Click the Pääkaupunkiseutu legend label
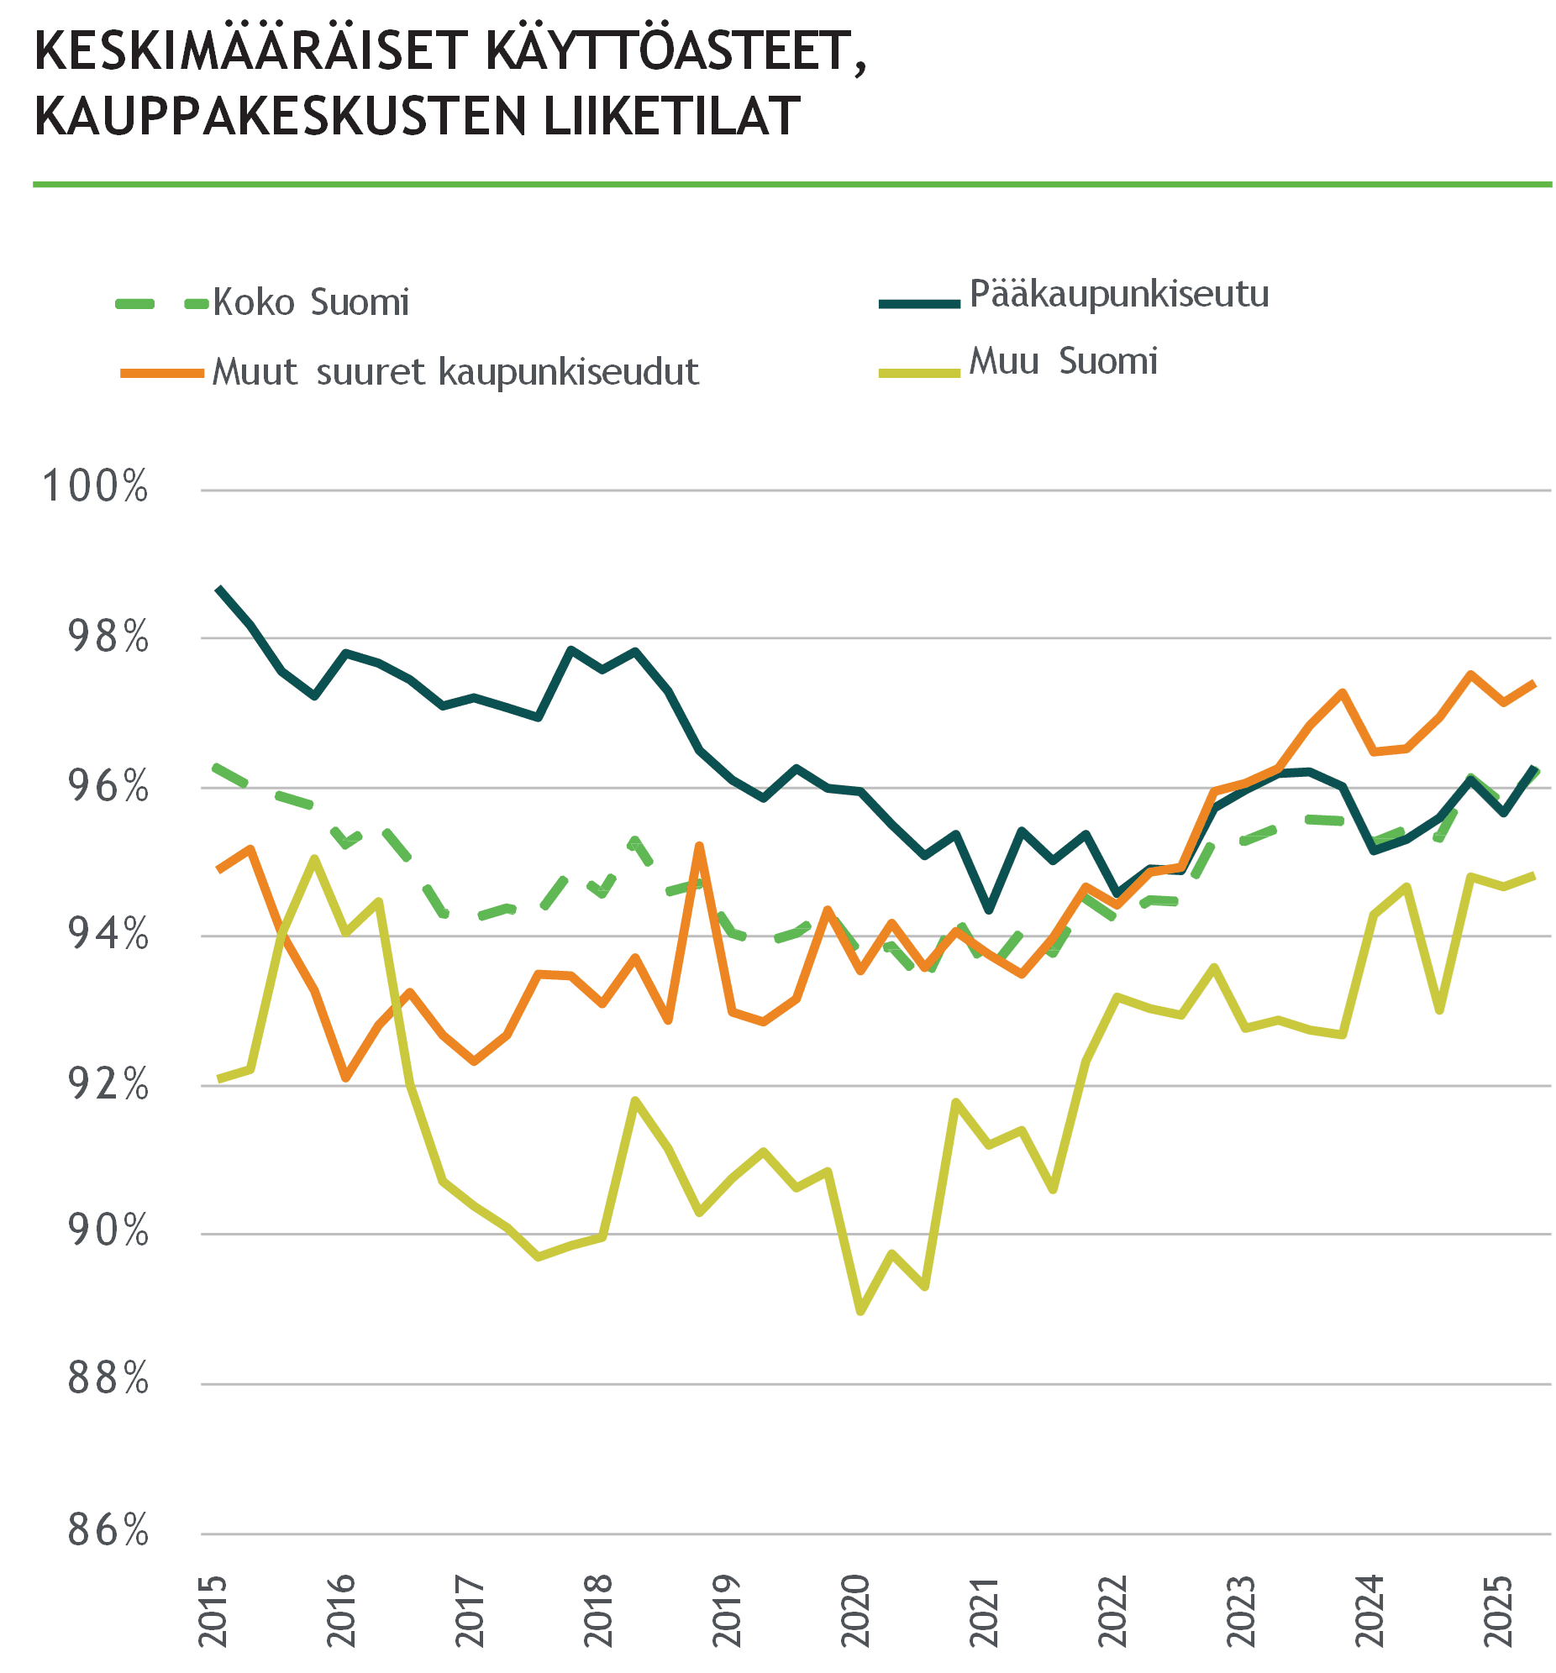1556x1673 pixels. [x=1119, y=294]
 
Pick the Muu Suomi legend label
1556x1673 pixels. [x=1064, y=361]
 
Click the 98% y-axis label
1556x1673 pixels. [x=108, y=637]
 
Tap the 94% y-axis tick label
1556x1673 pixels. [x=108, y=934]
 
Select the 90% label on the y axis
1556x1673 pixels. [x=108, y=1231]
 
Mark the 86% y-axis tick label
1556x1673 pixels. [x=108, y=1529]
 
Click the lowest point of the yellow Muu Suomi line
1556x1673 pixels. [x=860, y=1311]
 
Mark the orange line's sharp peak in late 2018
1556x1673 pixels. [x=699, y=845]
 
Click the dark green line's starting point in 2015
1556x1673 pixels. [x=218, y=588]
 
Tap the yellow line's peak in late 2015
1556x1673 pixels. [x=314, y=858]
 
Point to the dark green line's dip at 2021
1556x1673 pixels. [x=990, y=910]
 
